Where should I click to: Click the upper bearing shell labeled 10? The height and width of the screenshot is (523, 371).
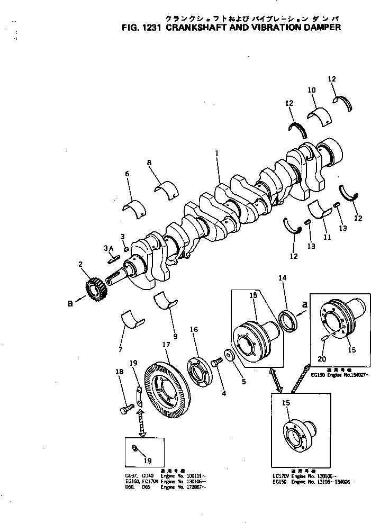coord(319,114)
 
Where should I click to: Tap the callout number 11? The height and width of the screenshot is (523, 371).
coord(327,238)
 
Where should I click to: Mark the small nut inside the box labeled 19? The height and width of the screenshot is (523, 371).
coord(135,449)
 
